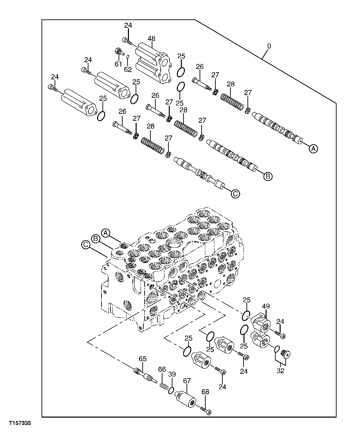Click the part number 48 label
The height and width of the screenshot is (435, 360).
152,38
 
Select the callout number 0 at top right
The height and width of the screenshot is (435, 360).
269,46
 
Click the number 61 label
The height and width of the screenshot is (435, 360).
118,64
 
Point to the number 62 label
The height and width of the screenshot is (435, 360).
128,69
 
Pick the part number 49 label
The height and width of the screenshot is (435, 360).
266,306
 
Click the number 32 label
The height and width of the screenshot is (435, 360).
280,371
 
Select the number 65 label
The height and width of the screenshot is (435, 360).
143,359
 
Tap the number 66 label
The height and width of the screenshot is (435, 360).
162,369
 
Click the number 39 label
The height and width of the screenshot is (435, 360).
172,374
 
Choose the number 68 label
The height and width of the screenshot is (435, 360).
205,391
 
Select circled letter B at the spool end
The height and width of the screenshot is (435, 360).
268,176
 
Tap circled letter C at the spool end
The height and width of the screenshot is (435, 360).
235,193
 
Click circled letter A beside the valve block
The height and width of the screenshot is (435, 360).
105,233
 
